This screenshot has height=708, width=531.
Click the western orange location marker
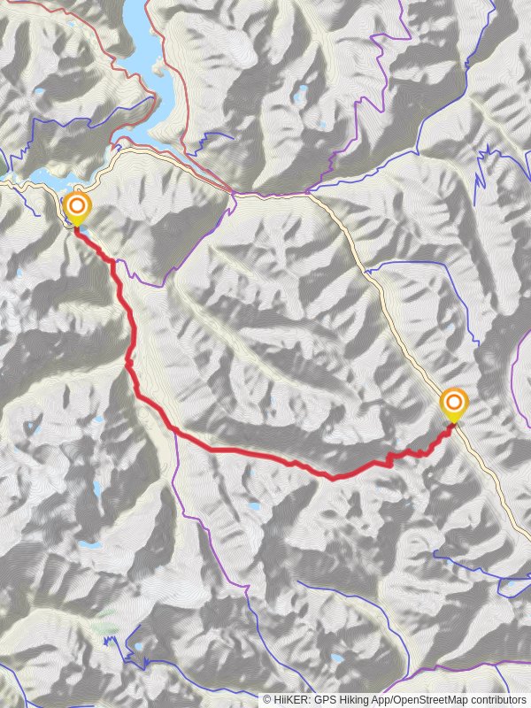[77, 208]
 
